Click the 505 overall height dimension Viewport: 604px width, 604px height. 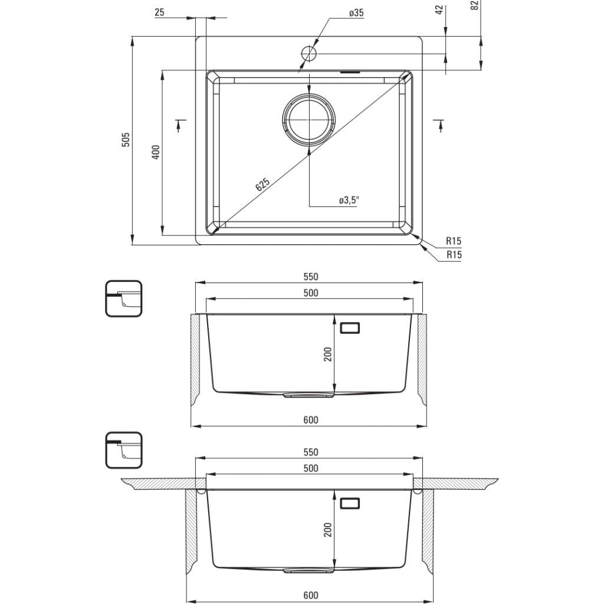pos(125,140)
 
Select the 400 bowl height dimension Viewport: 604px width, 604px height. pos(156,152)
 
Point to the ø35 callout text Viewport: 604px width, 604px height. pos(356,13)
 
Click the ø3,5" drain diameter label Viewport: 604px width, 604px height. pos(349,201)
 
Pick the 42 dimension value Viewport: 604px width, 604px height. pos(438,11)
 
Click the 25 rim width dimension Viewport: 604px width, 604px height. pos(159,12)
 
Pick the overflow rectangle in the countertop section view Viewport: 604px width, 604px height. pos(350,503)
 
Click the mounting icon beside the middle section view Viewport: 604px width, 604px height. pos(124,298)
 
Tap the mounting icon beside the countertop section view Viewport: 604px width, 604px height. pos(124,450)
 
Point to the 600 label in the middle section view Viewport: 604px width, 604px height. pos(311,420)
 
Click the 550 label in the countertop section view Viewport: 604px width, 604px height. pos(311,452)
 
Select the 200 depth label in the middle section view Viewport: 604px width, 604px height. pos(328,354)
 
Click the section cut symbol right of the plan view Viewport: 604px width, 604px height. pos(438,124)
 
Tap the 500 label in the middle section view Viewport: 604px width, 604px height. pos(311,293)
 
